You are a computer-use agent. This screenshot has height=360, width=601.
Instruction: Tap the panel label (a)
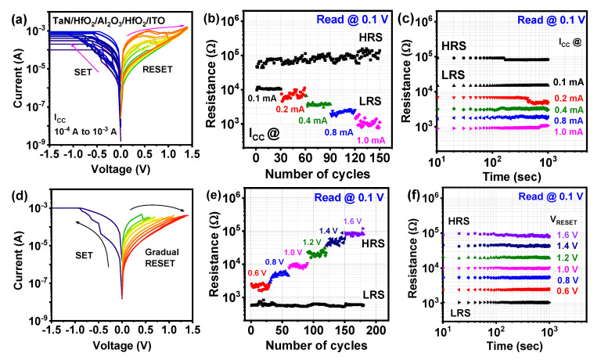19,19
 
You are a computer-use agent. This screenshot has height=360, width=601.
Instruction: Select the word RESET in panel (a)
157,70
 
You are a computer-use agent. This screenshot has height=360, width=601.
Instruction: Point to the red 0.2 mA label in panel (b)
290,109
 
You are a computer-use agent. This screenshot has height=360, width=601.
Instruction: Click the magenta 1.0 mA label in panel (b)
371,140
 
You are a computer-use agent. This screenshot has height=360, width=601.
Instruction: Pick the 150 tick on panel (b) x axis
379,157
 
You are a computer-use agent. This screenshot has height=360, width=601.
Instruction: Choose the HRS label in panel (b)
371,38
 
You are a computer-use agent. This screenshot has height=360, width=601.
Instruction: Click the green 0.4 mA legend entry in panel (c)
569,110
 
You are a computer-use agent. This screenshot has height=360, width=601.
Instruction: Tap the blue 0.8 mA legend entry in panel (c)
569,121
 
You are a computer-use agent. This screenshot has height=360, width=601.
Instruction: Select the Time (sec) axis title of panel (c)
512,177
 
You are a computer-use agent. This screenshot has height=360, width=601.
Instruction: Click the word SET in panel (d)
84,255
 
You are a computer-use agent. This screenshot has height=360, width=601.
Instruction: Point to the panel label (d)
19,196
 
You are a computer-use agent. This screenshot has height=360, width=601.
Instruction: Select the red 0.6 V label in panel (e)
257,273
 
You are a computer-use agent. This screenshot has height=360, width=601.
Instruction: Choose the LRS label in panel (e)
373,295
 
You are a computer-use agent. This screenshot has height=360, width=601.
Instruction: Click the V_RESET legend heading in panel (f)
563,221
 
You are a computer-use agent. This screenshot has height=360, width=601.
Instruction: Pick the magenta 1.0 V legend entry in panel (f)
567,269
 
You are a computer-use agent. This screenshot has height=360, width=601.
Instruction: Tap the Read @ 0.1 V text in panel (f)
551,196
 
